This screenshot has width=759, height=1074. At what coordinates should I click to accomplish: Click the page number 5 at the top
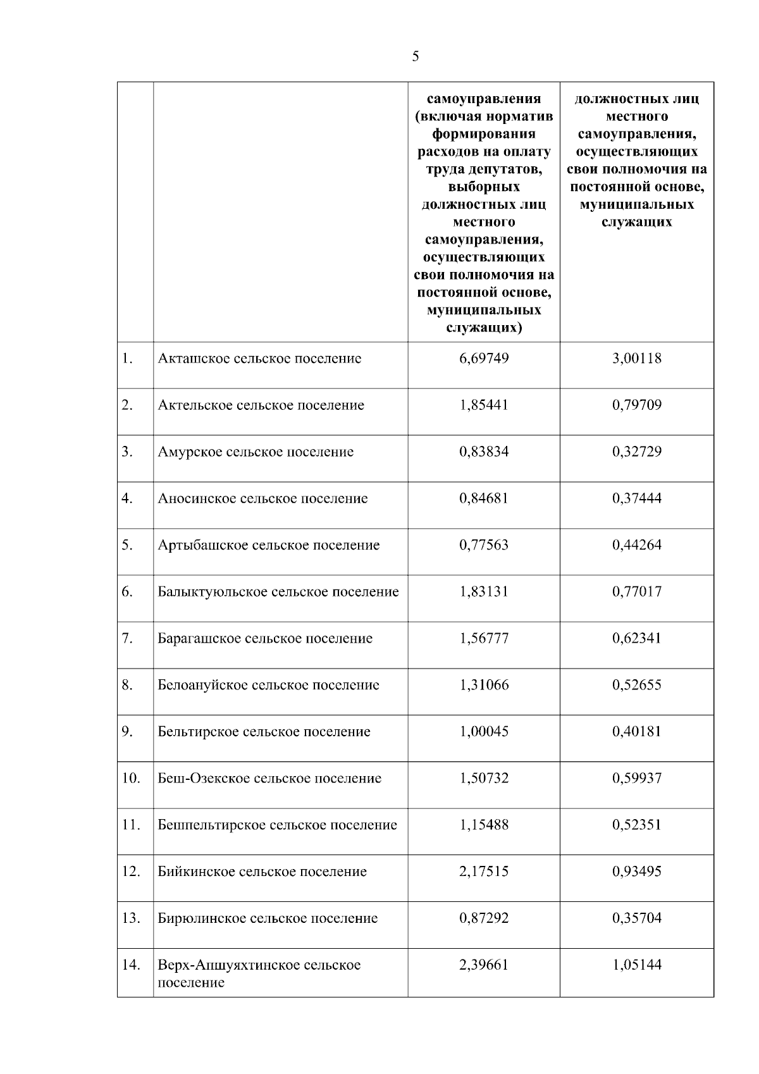click(415, 56)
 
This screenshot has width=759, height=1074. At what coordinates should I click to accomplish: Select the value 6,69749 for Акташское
click(484, 359)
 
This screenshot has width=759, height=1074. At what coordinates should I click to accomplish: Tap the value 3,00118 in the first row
click(636, 359)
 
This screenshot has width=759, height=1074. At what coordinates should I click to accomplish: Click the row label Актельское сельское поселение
click(261, 405)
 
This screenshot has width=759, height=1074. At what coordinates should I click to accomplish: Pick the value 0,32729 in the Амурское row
click(636, 452)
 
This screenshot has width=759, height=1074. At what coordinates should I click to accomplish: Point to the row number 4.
click(127, 498)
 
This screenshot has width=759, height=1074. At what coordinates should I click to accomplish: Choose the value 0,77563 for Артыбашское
click(484, 545)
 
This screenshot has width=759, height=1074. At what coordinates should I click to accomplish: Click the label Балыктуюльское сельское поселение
click(278, 592)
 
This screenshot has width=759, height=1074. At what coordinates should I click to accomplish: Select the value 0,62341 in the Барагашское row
click(636, 638)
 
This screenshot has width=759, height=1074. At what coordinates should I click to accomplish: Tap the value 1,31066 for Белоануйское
click(484, 685)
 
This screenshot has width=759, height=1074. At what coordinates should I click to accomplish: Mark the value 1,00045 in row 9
click(484, 732)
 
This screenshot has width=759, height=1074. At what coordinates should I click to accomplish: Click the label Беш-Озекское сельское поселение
click(269, 779)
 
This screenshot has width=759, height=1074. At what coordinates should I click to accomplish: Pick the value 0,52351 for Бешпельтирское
click(636, 825)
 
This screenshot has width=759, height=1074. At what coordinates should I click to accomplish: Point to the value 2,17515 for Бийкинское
click(484, 872)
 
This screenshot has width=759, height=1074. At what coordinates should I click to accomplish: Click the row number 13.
click(130, 918)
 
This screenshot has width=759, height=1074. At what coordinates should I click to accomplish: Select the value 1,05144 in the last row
click(636, 965)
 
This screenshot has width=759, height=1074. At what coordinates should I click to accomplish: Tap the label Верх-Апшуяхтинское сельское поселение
click(259, 973)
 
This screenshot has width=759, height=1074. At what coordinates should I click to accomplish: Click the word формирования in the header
click(484, 134)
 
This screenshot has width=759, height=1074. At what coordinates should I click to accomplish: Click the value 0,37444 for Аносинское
click(636, 498)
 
